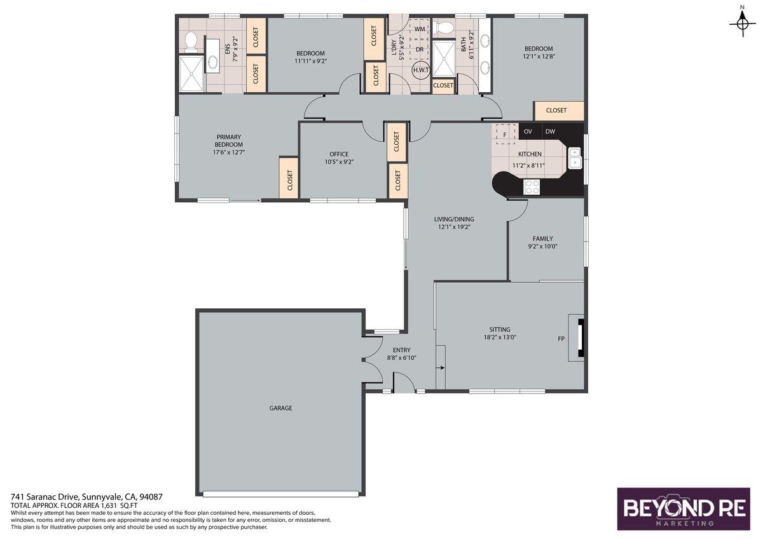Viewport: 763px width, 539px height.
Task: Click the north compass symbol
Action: click(x=741, y=24)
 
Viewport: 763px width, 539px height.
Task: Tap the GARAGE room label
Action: click(x=280, y=408)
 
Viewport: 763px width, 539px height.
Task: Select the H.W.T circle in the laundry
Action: click(x=420, y=71)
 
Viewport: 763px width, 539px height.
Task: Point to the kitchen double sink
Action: click(x=575, y=158)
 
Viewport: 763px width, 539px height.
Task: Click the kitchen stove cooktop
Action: click(x=531, y=187)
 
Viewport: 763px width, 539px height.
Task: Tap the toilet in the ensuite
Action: click(x=190, y=41)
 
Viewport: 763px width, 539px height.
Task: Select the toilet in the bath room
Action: click(x=446, y=27)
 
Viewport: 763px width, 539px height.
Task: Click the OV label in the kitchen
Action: click(x=528, y=132)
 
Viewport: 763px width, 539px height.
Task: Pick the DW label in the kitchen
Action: click(x=550, y=132)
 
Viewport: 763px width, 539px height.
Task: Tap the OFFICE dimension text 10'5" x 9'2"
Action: click(x=339, y=162)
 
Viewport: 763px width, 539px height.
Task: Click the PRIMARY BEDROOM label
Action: click(x=229, y=140)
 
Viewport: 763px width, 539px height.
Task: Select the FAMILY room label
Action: click(x=542, y=239)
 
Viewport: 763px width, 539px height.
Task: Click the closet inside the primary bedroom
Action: click(x=289, y=179)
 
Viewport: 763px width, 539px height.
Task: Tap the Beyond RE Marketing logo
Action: click(x=684, y=509)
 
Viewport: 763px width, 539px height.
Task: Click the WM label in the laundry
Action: click(x=420, y=29)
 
